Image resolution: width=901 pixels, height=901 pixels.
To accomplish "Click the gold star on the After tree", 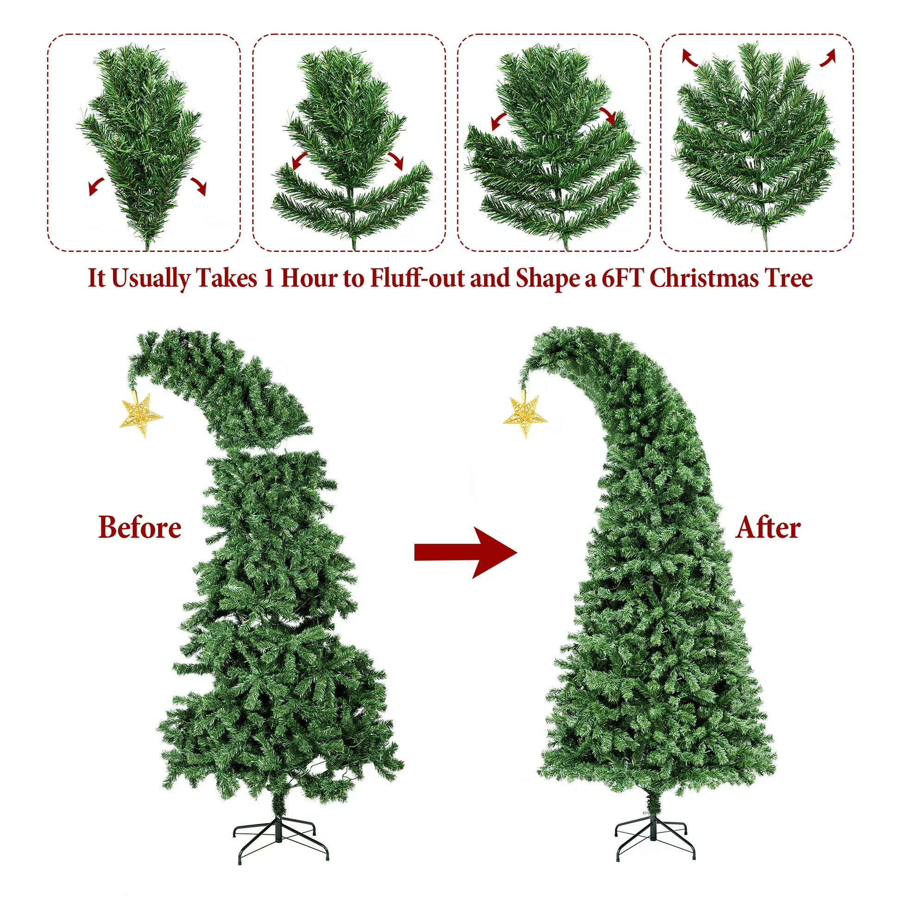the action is (x=525, y=416).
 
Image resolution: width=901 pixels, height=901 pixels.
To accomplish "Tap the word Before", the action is (x=140, y=527).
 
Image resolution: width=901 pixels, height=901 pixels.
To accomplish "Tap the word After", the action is (x=768, y=528).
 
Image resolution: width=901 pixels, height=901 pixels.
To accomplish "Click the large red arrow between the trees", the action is (x=466, y=553).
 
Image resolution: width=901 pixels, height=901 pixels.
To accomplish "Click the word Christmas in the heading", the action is (x=705, y=278).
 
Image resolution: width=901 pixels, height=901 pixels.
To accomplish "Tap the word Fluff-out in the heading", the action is (x=417, y=278).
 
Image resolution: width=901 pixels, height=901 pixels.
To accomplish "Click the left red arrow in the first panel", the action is (x=96, y=186).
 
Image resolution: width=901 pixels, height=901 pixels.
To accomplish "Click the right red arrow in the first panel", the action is (x=199, y=186).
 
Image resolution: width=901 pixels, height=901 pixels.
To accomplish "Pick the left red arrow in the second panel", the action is (x=300, y=160).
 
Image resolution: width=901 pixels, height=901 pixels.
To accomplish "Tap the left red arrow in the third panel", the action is (x=499, y=121).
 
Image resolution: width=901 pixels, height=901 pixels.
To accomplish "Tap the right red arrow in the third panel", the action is (x=608, y=116).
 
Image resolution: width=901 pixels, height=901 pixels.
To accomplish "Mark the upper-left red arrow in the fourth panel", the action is (x=689, y=57).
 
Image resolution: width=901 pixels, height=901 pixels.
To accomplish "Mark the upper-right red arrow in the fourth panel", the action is (x=828, y=57).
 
